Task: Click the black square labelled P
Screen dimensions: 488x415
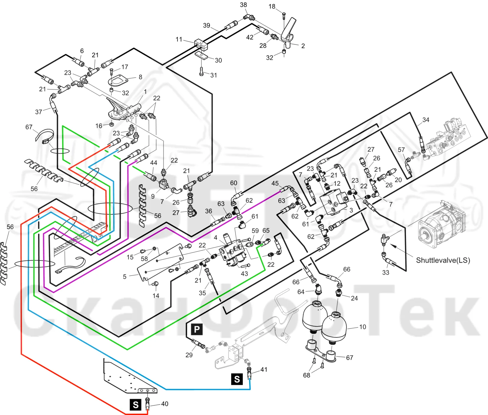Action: [x=197, y=329]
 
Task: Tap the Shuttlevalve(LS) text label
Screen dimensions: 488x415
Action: [x=443, y=260]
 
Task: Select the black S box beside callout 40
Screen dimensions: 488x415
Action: [x=135, y=405]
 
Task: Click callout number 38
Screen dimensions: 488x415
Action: [x=243, y=5]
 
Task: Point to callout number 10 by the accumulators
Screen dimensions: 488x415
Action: [x=362, y=327]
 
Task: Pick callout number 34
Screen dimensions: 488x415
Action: [x=426, y=120]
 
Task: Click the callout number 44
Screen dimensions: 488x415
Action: [x=154, y=163]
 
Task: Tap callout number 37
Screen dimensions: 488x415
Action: [x=38, y=112]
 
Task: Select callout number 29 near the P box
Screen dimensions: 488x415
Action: [x=189, y=355]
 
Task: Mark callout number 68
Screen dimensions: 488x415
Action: [x=307, y=375]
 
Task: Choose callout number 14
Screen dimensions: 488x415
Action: [x=156, y=296]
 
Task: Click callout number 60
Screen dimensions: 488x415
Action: [x=234, y=183]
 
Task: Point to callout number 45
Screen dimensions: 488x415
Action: [x=275, y=184]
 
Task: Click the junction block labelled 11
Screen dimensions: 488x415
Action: [x=201, y=44]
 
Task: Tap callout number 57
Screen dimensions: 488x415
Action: [x=401, y=150]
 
